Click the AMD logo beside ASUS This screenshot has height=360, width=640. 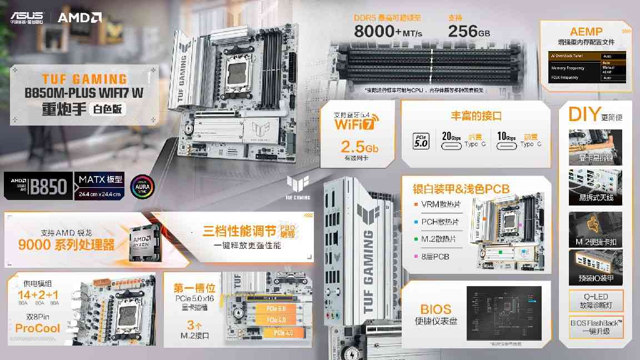(x=79, y=17)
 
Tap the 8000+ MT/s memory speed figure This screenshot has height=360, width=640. (x=388, y=31)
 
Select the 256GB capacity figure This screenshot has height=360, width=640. (x=469, y=31)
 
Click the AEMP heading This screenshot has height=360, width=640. (x=586, y=32)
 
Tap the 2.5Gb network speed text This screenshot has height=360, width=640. (x=359, y=147)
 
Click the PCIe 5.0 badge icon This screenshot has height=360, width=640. (x=420, y=139)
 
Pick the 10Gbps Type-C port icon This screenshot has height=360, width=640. (x=507, y=144)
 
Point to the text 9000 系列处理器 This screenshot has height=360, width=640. (x=66, y=244)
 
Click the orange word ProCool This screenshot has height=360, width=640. (x=38, y=328)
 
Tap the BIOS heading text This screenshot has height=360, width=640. (x=436, y=309)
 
